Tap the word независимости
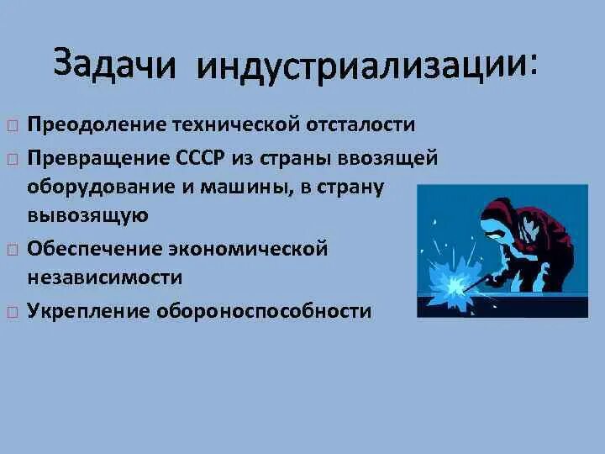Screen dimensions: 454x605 pyautogui.click(x=104, y=277)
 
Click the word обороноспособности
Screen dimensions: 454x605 pyautogui.click(x=270, y=310)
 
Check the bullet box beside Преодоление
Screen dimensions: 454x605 pyautogui.click(x=12, y=126)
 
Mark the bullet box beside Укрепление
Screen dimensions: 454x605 pyautogui.click(x=12, y=311)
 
